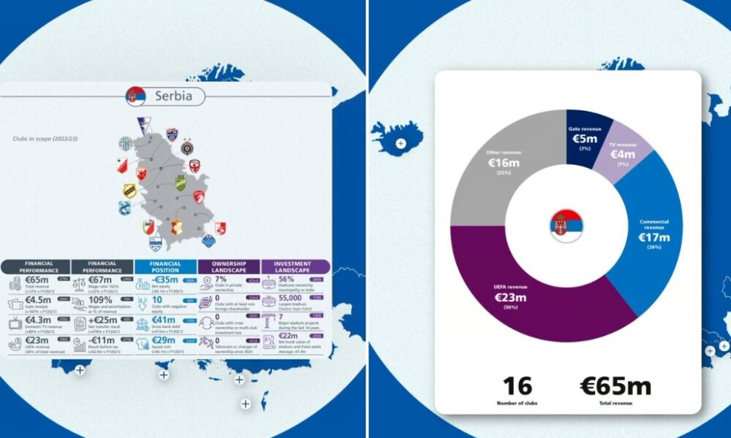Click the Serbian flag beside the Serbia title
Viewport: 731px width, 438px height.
point(135,96)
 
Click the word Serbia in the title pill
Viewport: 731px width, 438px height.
point(174,96)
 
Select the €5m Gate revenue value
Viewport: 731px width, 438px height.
point(586,139)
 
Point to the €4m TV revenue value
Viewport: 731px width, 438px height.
point(622,154)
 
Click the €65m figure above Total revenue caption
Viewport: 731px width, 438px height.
point(614,386)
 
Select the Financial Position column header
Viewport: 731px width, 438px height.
point(165,266)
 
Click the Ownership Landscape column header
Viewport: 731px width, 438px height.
point(230,266)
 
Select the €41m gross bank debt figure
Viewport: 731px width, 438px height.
point(166,320)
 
